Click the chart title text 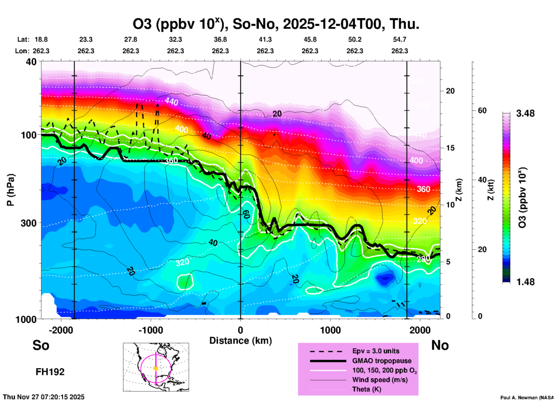tap(276, 24)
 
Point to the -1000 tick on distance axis tap(151, 330)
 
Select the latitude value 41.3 tap(265, 39)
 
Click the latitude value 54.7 tap(400, 39)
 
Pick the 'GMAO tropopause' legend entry tap(382, 361)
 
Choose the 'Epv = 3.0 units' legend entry tap(376, 351)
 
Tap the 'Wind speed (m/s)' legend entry tap(380, 380)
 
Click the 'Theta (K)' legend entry tap(366, 389)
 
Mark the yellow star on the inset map tap(156, 368)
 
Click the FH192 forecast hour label tap(50, 372)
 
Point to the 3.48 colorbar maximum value tap(525, 114)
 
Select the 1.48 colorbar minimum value tap(525, 282)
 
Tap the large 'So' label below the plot tap(41, 345)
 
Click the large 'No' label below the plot tap(440, 345)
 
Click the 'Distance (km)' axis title tap(240, 341)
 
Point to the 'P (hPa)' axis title tap(11, 190)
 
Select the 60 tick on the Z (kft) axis tap(482, 110)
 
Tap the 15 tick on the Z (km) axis tap(450, 148)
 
